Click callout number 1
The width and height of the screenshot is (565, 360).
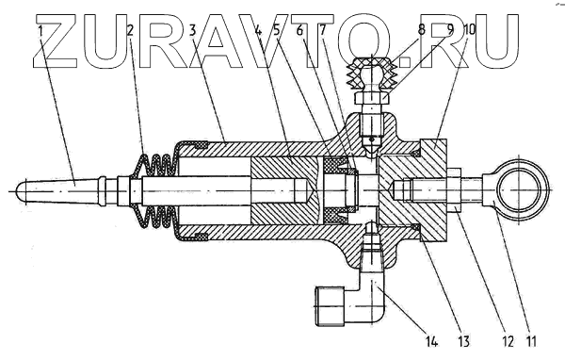40,31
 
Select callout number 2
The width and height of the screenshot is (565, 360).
131,31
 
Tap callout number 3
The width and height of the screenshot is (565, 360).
193,31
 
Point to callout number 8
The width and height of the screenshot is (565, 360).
421,30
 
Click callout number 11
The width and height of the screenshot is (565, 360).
530,341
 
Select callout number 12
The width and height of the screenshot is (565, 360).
507,341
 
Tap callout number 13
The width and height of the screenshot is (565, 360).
463,341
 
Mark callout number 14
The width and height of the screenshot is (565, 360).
431,341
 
